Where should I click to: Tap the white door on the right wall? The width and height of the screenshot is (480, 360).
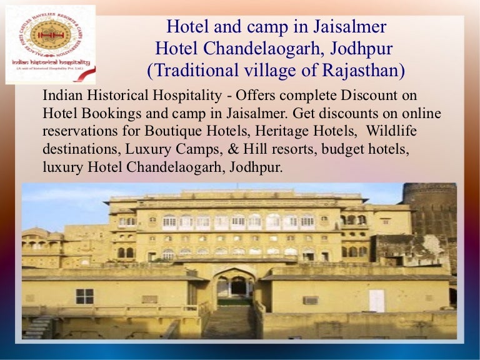click(377, 300)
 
